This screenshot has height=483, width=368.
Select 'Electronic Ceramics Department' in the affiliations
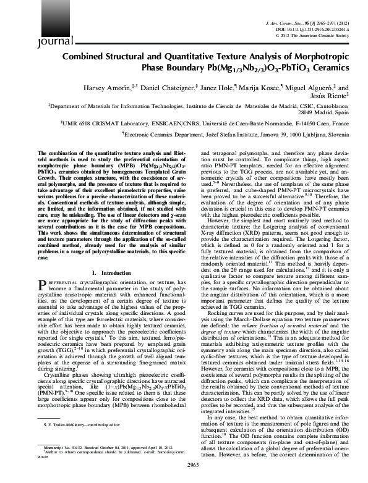click(146, 133)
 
